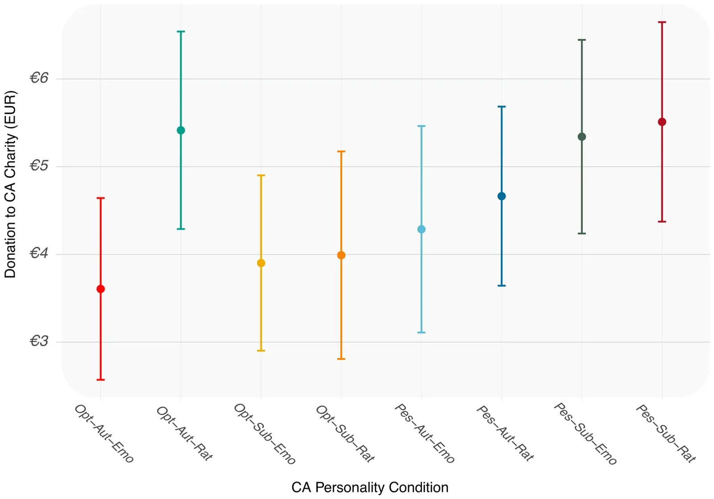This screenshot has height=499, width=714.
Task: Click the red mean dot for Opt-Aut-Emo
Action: (100, 289)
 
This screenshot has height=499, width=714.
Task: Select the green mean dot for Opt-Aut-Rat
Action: (181, 130)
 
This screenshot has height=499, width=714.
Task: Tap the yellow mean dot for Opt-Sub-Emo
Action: (261, 263)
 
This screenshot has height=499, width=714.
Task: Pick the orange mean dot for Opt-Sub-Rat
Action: (341, 255)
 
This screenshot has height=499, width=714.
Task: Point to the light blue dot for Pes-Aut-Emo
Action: (421, 229)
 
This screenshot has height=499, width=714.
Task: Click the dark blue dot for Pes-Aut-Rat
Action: (502, 196)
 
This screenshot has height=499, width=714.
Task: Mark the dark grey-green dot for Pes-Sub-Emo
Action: (582, 137)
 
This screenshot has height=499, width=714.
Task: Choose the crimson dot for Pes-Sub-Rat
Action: (662, 122)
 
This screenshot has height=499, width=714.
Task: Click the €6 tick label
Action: (39, 78)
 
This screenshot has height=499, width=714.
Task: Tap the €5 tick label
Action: (39, 166)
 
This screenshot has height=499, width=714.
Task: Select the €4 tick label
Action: (39, 254)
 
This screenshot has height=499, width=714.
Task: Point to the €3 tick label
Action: (39, 342)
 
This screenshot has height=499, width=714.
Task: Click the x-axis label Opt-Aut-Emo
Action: (104, 434)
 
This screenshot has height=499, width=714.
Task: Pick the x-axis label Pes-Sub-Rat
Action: (666, 434)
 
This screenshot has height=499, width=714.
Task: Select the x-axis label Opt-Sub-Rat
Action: (345, 434)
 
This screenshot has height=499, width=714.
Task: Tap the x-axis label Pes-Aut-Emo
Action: (425, 434)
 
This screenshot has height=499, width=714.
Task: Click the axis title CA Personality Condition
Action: (370, 487)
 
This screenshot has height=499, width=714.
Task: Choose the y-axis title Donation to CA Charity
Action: (10, 184)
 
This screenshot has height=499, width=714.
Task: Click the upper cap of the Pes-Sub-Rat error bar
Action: (662, 22)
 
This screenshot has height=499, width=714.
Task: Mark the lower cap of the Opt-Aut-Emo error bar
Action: (100, 380)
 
